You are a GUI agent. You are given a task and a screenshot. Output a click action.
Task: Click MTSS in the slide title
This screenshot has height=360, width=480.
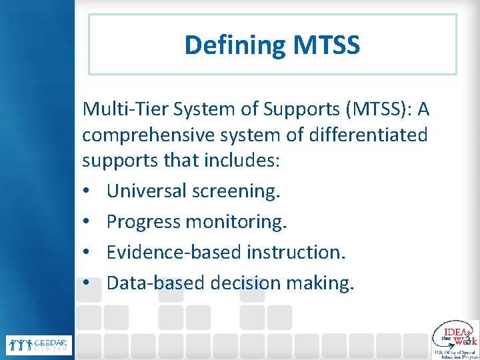pos(326,45)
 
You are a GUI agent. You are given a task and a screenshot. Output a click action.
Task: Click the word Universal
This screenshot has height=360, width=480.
pos(146,191)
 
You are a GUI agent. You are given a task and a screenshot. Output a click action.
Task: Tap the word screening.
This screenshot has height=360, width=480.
pos(236,191)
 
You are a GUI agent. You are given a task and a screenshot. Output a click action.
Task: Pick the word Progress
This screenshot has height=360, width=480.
pos(143,221)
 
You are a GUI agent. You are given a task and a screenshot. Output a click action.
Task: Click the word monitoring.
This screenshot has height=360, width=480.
pos(236,221)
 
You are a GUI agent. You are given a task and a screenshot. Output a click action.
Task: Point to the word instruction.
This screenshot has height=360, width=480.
pos(297,252)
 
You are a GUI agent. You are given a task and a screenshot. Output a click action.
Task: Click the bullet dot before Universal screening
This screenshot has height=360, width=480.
pos(87,192)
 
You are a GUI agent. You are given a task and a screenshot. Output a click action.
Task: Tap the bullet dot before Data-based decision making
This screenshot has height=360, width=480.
pos(87,283)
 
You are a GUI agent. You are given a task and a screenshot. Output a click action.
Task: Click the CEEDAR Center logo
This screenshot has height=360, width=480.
pos(39,345)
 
